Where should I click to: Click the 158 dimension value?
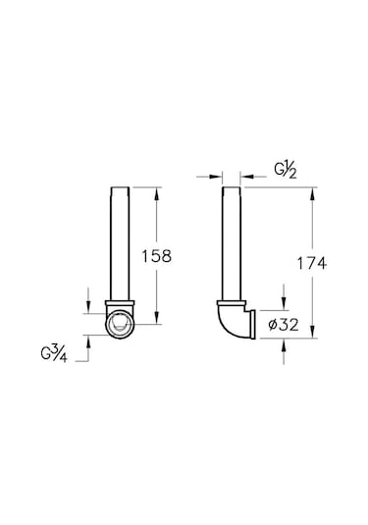point(156,256)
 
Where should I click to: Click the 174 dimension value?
point(312,263)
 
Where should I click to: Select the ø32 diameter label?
point(284,325)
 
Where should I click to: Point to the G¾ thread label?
point(54,354)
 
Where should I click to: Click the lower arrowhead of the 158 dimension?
point(156,317)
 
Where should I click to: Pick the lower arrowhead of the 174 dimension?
point(312,331)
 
